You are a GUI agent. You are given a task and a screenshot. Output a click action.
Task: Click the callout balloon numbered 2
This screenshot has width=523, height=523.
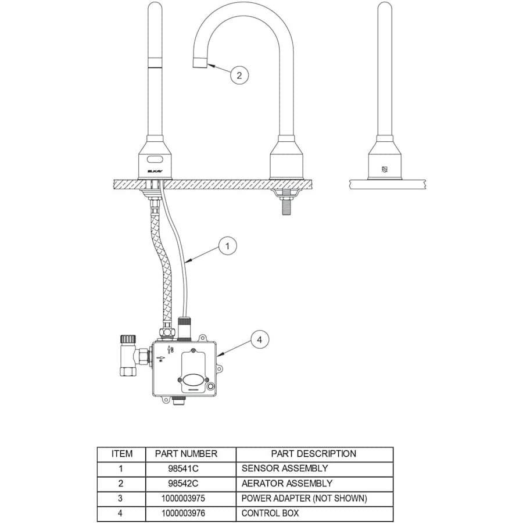(x=239, y=75)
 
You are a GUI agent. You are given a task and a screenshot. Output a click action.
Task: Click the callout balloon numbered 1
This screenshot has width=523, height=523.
(x=227, y=246)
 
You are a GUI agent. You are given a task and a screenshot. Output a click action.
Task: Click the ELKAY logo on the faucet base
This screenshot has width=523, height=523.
(x=156, y=171)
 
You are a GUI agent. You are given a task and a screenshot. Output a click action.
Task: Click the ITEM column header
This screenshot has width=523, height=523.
(x=121, y=454)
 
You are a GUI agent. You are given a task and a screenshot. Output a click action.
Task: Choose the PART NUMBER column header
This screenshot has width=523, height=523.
(x=186, y=454)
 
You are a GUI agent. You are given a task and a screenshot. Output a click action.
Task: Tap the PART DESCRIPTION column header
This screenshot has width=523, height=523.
(x=314, y=454)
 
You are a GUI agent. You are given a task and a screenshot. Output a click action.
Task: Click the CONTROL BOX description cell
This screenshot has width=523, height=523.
(x=270, y=514)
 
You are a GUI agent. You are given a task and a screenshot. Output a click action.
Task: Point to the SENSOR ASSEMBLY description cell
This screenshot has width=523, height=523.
(x=285, y=468)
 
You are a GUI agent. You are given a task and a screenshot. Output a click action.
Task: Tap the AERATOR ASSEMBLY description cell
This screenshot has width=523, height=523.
(x=287, y=483)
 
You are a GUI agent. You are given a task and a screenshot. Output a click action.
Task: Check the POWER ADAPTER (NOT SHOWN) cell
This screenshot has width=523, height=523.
(x=304, y=499)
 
